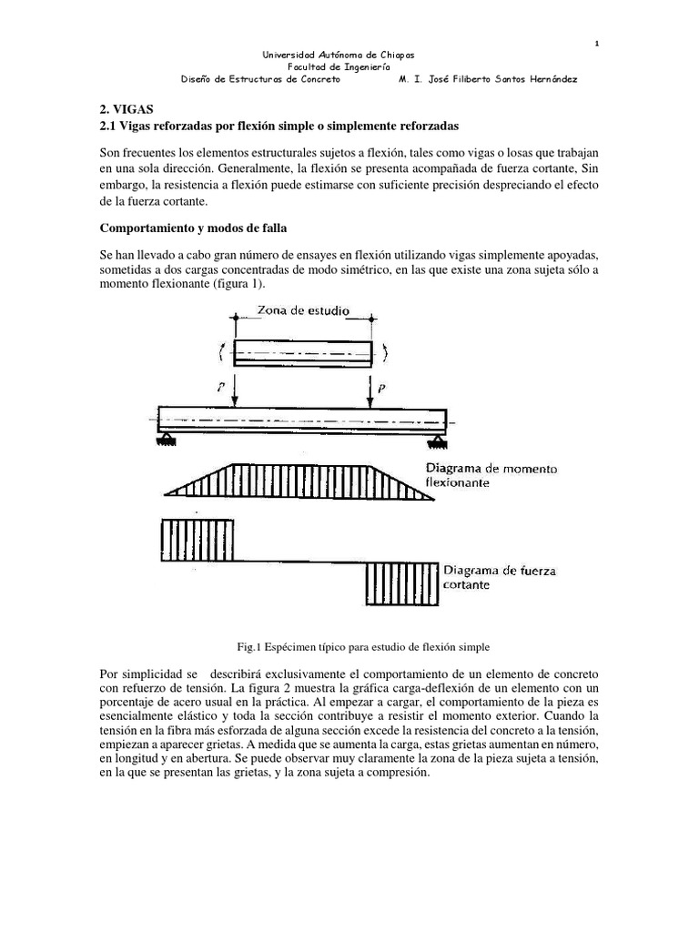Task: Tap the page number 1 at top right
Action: point(596,44)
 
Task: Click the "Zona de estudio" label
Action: point(303,310)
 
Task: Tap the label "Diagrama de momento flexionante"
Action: point(492,476)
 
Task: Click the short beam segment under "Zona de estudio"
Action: point(303,351)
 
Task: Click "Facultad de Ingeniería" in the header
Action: point(339,66)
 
